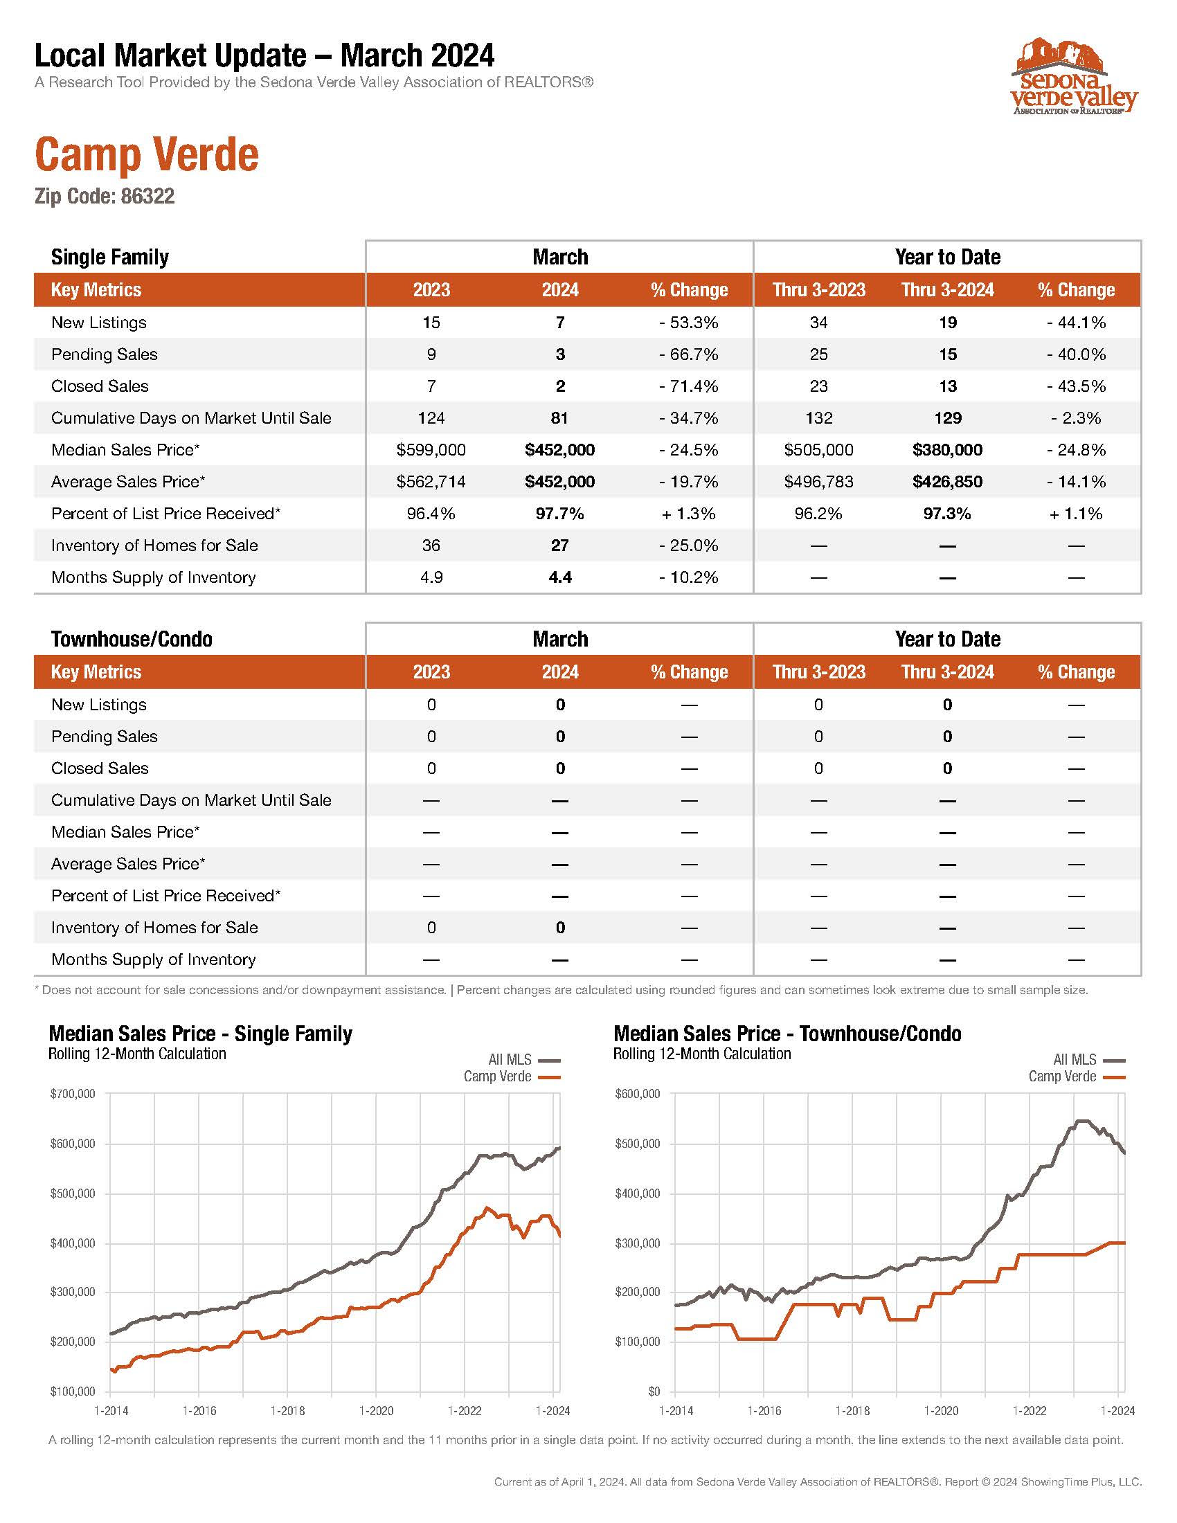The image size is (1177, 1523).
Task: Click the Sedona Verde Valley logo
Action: [x=1074, y=77]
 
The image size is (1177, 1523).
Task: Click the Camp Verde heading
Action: [x=147, y=155]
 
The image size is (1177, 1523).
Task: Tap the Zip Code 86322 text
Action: [x=105, y=197]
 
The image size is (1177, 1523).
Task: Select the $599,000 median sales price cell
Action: [x=431, y=450]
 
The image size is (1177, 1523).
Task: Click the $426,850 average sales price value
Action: [x=947, y=482]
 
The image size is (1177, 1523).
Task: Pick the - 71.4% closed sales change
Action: [x=689, y=386]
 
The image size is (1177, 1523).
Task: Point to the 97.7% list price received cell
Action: [x=560, y=514]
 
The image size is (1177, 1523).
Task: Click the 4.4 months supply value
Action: [x=560, y=577]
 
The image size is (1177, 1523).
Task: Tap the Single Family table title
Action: [x=110, y=258]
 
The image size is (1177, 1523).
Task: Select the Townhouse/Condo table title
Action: [x=132, y=640]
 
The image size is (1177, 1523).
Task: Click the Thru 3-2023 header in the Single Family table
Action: [x=818, y=290]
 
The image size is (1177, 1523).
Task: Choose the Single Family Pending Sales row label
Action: [x=105, y=354]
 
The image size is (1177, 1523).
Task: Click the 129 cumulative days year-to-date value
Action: [x=948, y=418]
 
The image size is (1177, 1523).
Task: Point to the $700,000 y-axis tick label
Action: [x=73, y=1094]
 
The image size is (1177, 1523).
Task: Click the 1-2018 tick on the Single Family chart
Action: [x=288, y=1411]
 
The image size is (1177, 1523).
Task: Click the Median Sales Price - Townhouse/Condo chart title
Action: [x=787, y=1034]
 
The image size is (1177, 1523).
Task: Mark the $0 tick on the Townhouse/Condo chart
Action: [x=654, y=1391]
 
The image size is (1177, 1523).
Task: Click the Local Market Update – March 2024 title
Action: [x=264, y=56]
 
